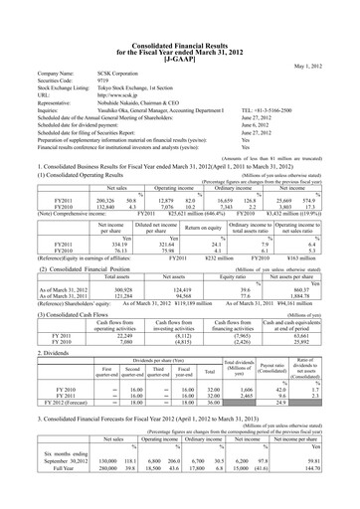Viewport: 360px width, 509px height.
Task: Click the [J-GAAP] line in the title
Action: click(x=179, y=31)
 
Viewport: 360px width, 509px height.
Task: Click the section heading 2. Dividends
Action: click(x=36, y=325)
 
